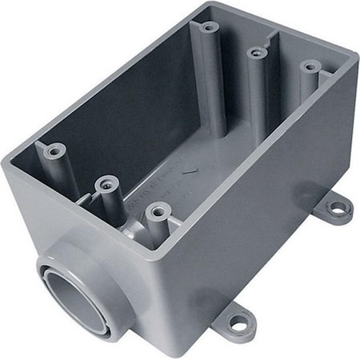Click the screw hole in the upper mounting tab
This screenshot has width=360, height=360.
338,209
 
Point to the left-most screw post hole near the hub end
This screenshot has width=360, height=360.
55,150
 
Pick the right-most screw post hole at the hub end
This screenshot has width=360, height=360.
157,212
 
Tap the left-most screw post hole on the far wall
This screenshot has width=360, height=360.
210,27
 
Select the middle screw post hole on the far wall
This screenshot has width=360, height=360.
257,53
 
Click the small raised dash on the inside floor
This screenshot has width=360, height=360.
190,170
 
